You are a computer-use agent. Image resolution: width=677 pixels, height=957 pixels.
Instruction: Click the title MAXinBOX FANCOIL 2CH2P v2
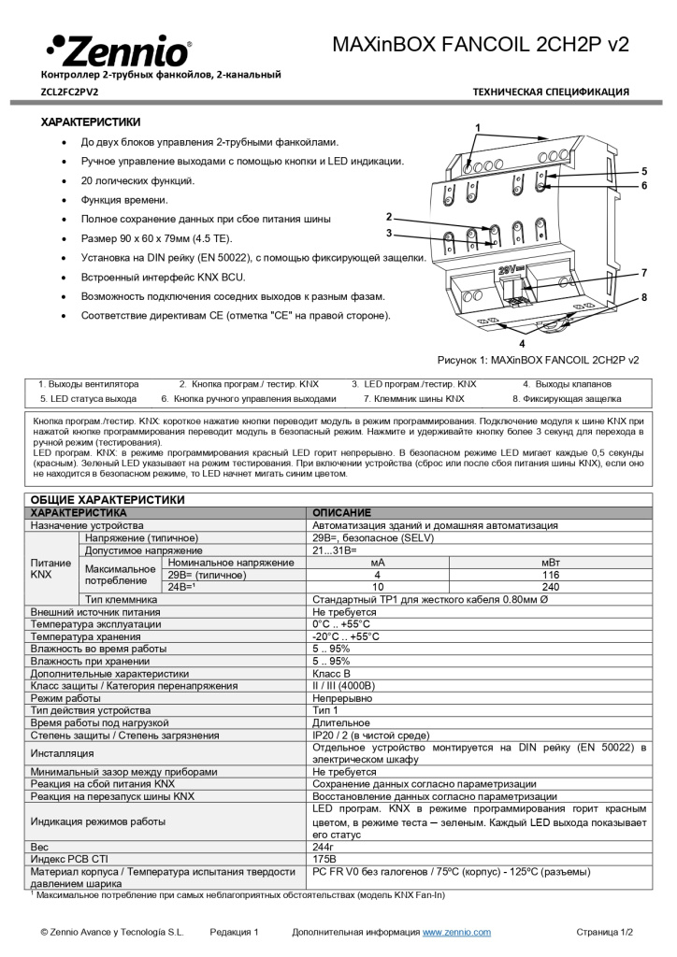tap(481, 44)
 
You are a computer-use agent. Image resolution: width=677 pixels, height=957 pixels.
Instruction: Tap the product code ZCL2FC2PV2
tap(70, 92)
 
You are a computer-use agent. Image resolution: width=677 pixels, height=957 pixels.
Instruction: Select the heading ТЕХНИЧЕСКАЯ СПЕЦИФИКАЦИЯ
tap(551, 92)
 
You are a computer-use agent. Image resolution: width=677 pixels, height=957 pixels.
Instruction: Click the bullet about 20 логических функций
tap(138, 180)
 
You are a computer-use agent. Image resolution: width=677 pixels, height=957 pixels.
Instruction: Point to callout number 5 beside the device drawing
tap(644, 171)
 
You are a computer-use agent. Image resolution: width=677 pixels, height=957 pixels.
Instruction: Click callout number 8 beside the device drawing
tap(644, 297)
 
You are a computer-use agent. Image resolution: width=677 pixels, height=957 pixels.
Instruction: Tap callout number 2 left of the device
tap(388, 217)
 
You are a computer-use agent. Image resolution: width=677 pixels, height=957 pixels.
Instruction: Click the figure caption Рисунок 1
tap(538, 359)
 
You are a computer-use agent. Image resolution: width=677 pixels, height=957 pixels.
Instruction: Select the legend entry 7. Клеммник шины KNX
tap(413, 398)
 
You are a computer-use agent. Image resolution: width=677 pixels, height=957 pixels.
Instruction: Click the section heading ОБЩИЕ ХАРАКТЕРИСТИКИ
tap(108, 500)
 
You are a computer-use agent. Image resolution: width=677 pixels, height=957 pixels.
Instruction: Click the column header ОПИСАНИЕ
tap(341, 513)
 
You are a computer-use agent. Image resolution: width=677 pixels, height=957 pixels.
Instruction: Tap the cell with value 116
tap(551, 575)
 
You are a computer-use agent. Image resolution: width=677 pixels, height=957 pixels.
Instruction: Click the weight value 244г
tap(324, 846)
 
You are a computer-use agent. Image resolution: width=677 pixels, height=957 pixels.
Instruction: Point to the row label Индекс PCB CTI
tap(71, 858)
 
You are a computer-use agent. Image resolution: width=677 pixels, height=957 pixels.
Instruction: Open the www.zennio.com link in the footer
tap(456, 932)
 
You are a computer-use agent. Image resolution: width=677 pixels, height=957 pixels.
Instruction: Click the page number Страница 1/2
tap(604, 932)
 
